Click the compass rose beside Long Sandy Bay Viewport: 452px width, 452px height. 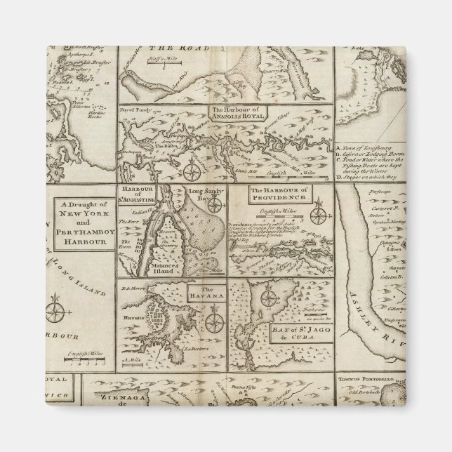[x=217, y=204]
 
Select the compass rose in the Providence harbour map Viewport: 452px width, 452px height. [x=318, y=211]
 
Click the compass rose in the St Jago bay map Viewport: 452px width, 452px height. [x=267, y=298]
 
